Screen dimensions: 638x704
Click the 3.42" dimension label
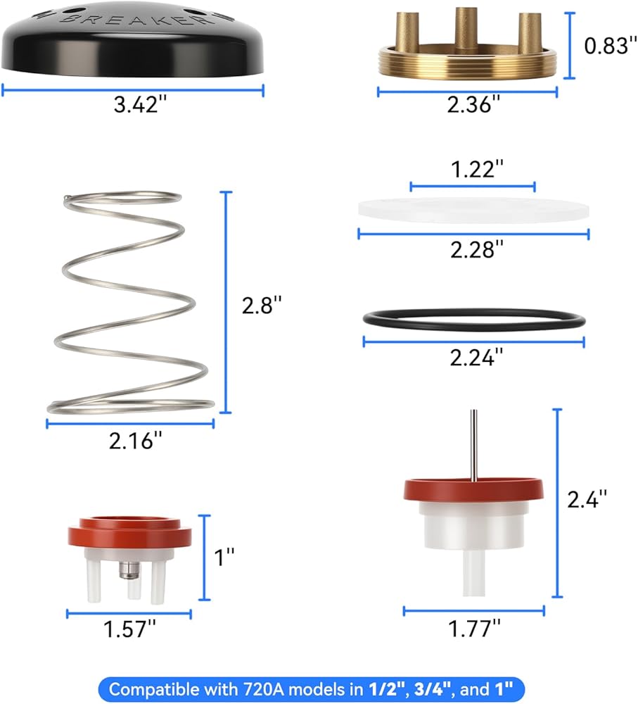(x=140, y=105)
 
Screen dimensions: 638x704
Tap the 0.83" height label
(x=611, y=45)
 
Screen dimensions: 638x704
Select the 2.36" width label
(x=473, y=104)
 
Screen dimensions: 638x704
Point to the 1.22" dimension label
(x=477, y=169)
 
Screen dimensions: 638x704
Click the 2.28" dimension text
(x=477, y=249)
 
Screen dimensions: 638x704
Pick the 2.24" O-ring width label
(x=476, y=358)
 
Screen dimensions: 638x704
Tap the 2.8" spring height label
(x=262, y=306)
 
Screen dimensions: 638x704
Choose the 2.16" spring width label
(x=136, y=441)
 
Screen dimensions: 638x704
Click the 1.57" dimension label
(x=129, y=629)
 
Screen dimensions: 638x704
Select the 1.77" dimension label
(x=475, y=628)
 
